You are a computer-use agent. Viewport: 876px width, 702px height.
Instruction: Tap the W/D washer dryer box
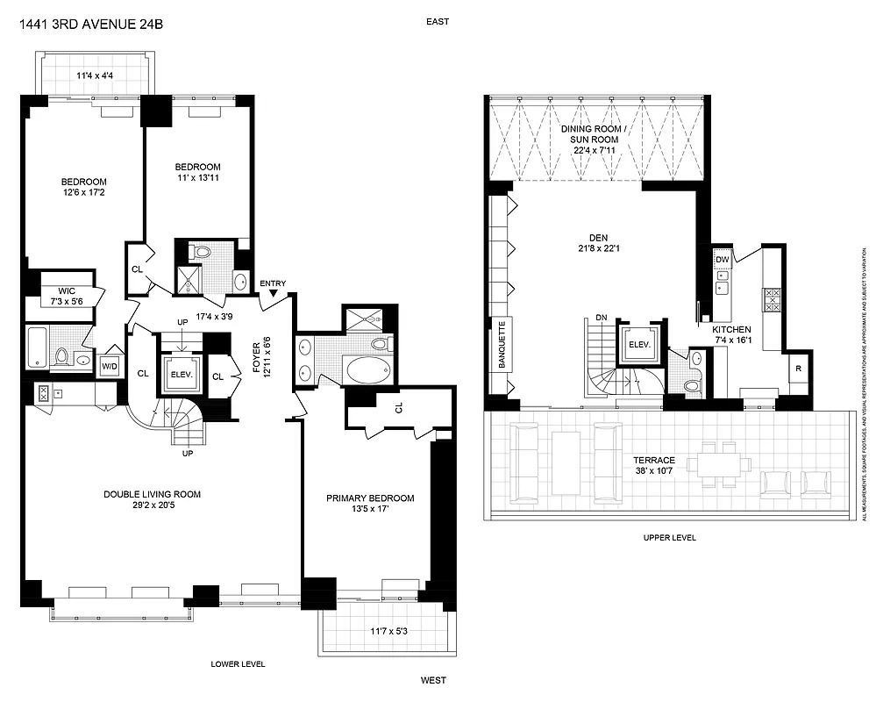[x=110, y=365]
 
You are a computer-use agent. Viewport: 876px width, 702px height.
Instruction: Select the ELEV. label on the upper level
[x=639, y=344]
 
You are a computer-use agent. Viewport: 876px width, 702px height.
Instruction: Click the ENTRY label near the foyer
[x=273, y=283]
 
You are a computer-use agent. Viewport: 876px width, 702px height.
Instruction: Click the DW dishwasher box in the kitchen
[x=723, y=261]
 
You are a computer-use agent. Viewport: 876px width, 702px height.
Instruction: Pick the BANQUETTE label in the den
[x=503, y=345]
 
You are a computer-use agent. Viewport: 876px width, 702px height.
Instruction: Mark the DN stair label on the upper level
[x=600, y=318]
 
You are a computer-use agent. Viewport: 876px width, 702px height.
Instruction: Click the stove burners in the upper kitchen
[x=773, y=300]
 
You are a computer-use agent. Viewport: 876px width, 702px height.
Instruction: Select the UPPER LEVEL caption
[x=669, y=538]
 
